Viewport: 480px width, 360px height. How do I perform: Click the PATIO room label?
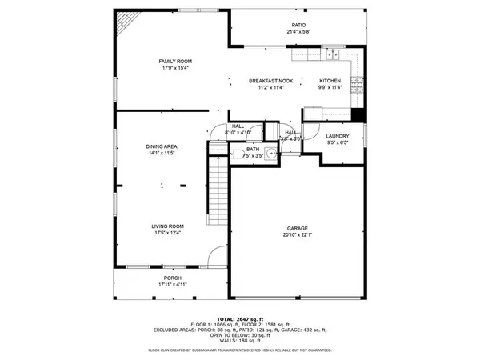(x=298, y=25)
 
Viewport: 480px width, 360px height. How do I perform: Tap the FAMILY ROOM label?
(x=175, y=62)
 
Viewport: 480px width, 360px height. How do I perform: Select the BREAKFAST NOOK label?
(x=270, y=81)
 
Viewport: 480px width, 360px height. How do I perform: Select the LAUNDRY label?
(x=337, y=136)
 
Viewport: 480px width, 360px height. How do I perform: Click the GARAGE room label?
(x=298, y=227)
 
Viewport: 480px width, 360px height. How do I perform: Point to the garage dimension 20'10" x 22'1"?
(x=298, y=234)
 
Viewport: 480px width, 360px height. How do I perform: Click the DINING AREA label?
(x=161, y=146)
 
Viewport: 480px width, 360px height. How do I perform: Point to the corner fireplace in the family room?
(x=126, y=25)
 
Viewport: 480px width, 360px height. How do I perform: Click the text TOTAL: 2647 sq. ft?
(x=240, y=318)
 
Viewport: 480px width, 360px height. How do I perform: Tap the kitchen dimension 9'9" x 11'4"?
(x=330, y=87)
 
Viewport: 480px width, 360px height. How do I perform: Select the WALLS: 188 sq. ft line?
(x=240, y=341)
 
